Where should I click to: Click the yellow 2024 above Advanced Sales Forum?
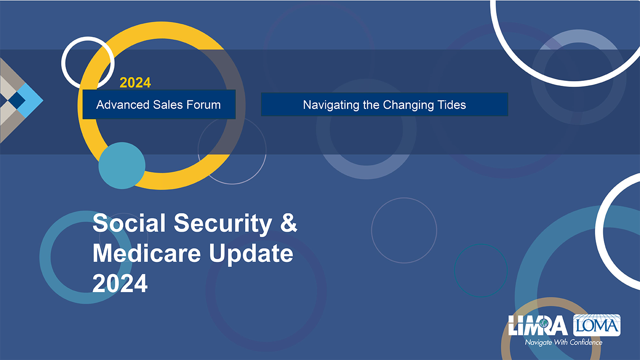click(x=135, y=83)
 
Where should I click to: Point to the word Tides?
click(x=453, y=104)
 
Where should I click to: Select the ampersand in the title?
click(x=288, y=223)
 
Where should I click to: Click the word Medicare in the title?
click(x=147, y=253)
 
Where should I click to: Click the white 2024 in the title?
click(x=120, y=284)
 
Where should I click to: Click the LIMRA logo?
click(x=538, y=325)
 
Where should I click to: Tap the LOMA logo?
click(x=596, y=325)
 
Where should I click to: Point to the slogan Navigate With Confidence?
click(x=564, y=342)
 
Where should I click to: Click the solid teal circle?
click(x=122, y=166)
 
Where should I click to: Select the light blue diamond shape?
click(x=30, y=100)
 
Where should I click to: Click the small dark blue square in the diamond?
click(x=16, y=100)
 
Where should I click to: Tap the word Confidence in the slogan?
click(x=586, y=342)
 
